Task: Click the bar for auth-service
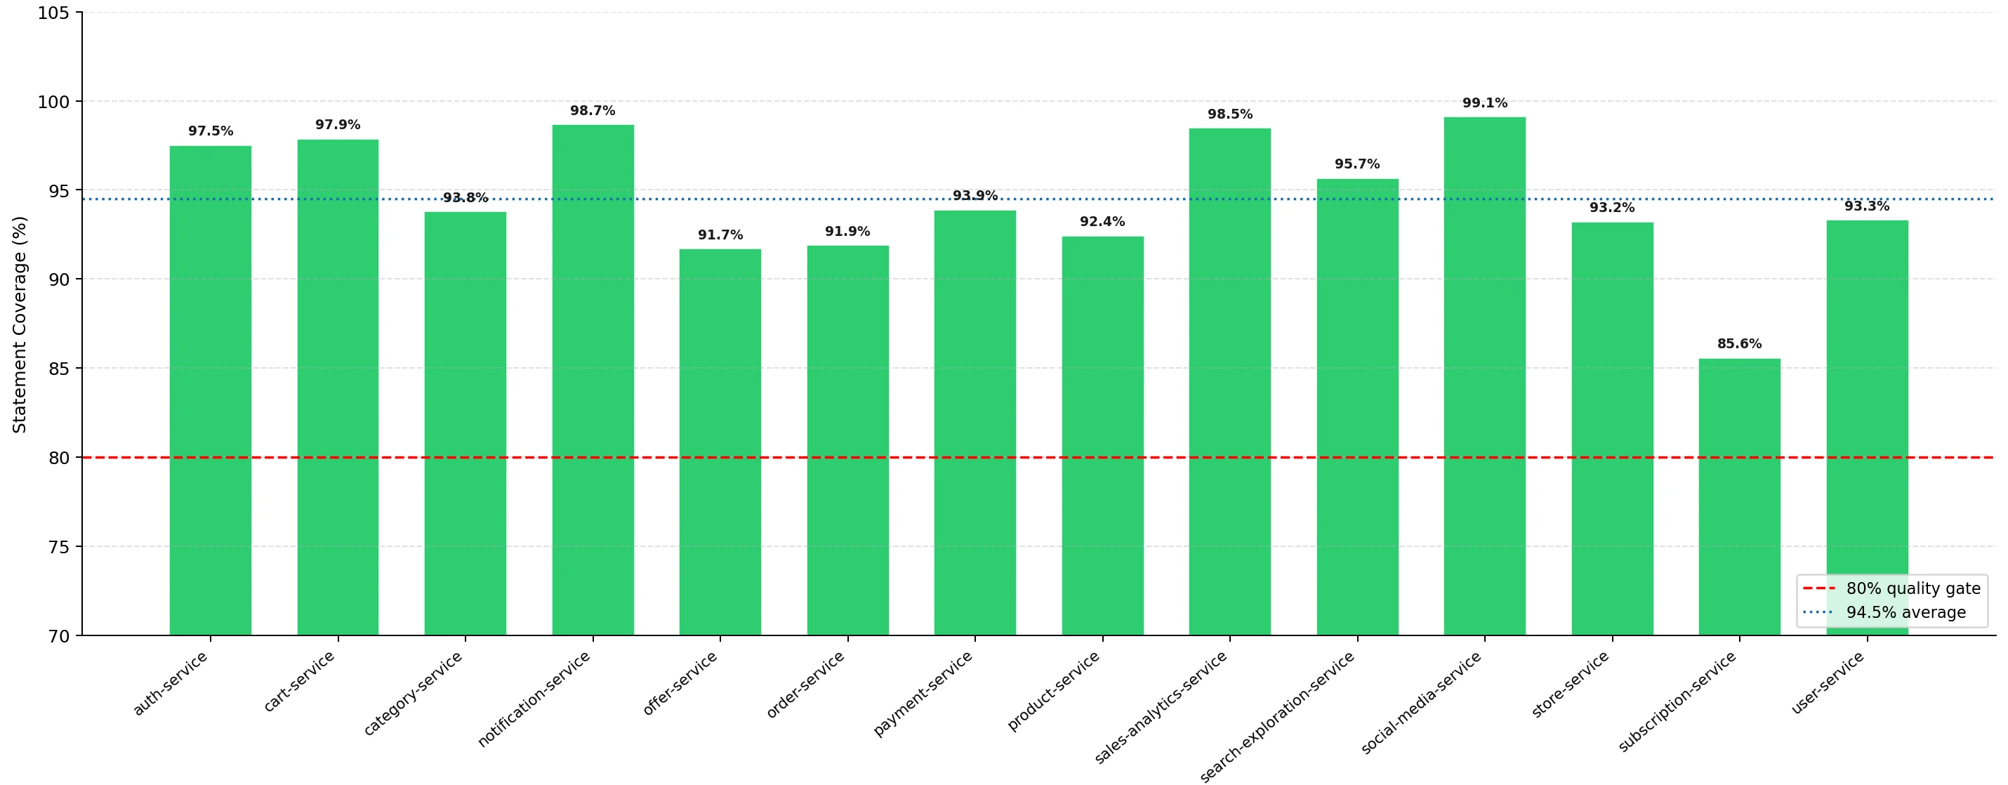(211, 390)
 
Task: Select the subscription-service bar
(1739, 497)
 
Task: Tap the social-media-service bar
(1484, 376)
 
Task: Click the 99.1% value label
(1484, 103)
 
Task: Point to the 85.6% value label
(1739, 344)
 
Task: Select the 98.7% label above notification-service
(593, 111)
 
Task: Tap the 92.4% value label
(1102, 221)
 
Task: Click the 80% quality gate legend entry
(1892, 588)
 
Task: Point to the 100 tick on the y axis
(54, 101)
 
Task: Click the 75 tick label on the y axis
(58, 547)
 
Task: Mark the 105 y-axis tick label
(54, 13)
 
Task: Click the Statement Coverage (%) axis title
(20, 324)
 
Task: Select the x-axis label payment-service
(923, 693)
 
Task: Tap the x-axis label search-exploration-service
(1277, 715)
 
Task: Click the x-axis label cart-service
(299, 680)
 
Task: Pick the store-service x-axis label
(1570, 684)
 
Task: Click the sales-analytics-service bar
(1229, 382)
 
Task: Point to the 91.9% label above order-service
(847, 232)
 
